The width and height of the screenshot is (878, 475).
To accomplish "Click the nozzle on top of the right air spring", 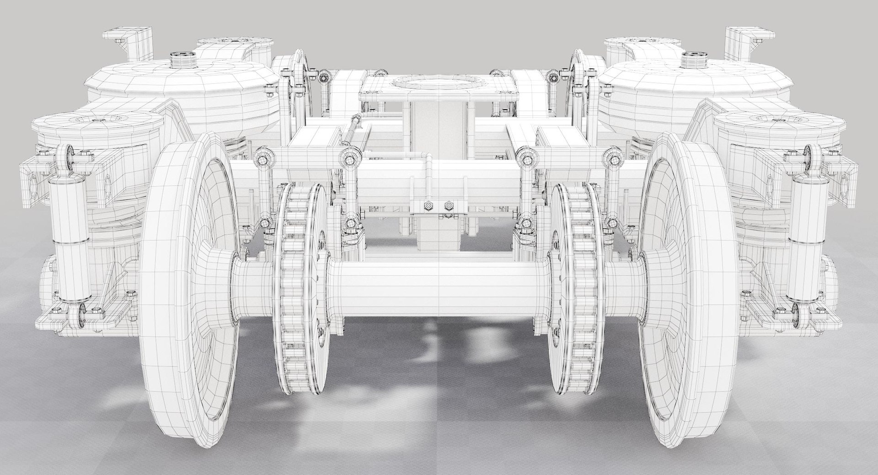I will (694, 59).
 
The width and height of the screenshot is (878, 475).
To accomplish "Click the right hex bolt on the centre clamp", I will (447, 205).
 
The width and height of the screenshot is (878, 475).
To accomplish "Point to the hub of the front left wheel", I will (219, 284).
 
